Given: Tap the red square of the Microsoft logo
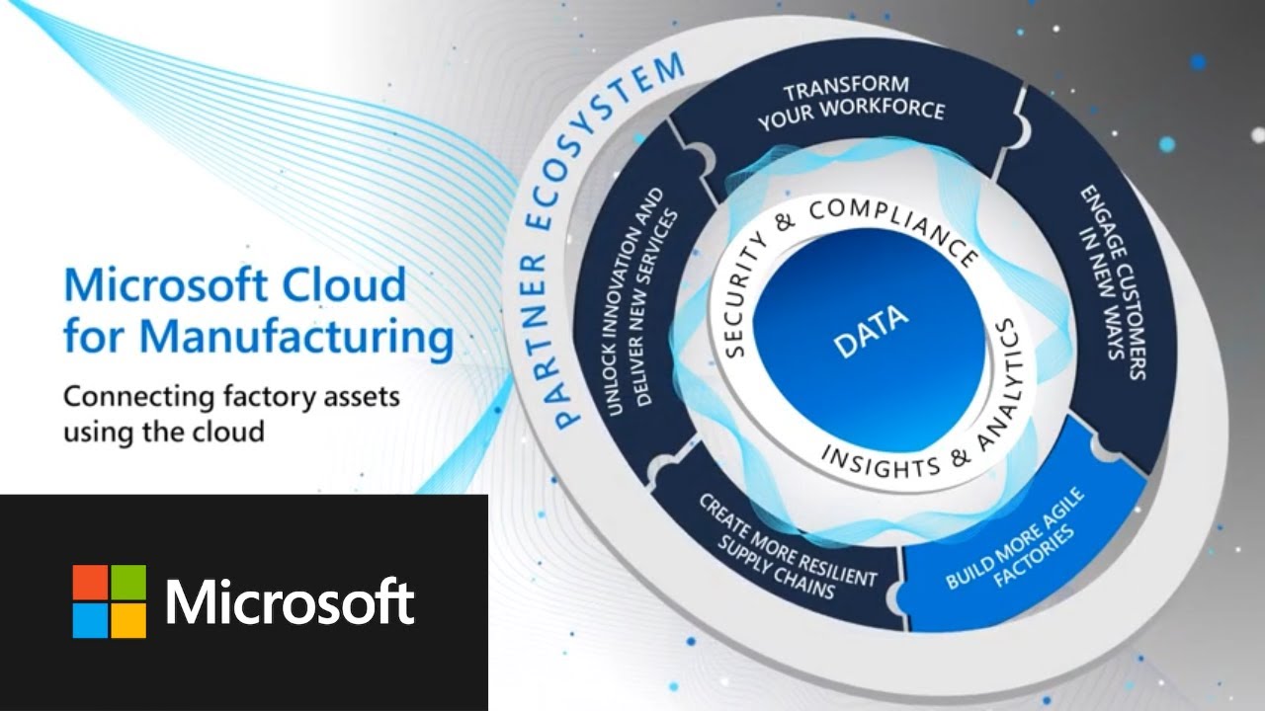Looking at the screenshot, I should (x=90, y=582).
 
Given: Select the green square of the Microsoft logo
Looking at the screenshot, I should (x=128, y=582).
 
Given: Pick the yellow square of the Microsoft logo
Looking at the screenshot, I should (x=128, y=620).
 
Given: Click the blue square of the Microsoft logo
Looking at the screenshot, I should (x=90, y=620).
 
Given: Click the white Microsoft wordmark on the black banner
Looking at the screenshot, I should (x=290, y=601).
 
